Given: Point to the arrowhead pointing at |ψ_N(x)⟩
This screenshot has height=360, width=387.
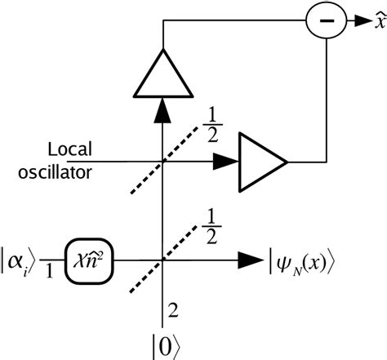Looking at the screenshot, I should click(x=248, y=261).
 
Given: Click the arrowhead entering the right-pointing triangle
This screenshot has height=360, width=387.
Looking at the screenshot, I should click(x=219, y=163).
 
